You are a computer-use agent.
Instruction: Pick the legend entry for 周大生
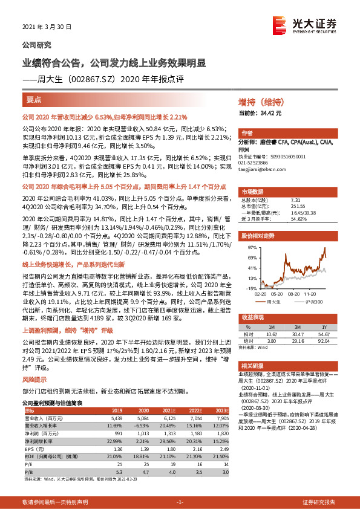(x=273, y=300)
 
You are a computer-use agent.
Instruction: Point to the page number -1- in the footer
(x=180, y=502)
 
